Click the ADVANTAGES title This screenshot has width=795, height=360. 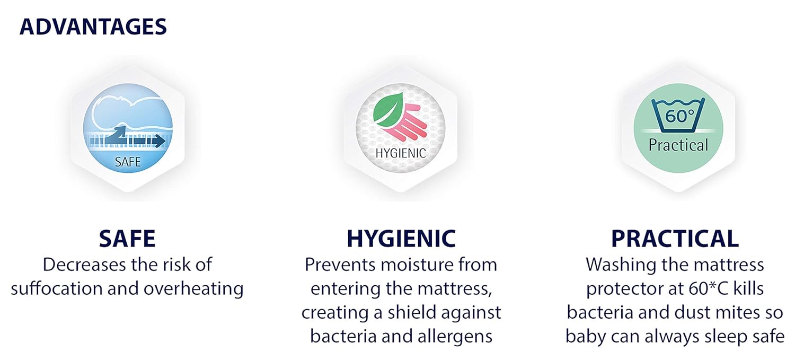[x=93, y=27]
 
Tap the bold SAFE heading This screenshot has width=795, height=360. [x=127, y=239]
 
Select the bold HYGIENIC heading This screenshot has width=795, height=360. [x=401, y=239]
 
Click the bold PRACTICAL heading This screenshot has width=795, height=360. [x=675, y=239]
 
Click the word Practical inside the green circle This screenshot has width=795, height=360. [x=678, y=145]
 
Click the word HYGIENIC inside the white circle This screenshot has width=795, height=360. [x=401, y=153]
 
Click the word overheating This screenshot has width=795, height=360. [x=193, y=288]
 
